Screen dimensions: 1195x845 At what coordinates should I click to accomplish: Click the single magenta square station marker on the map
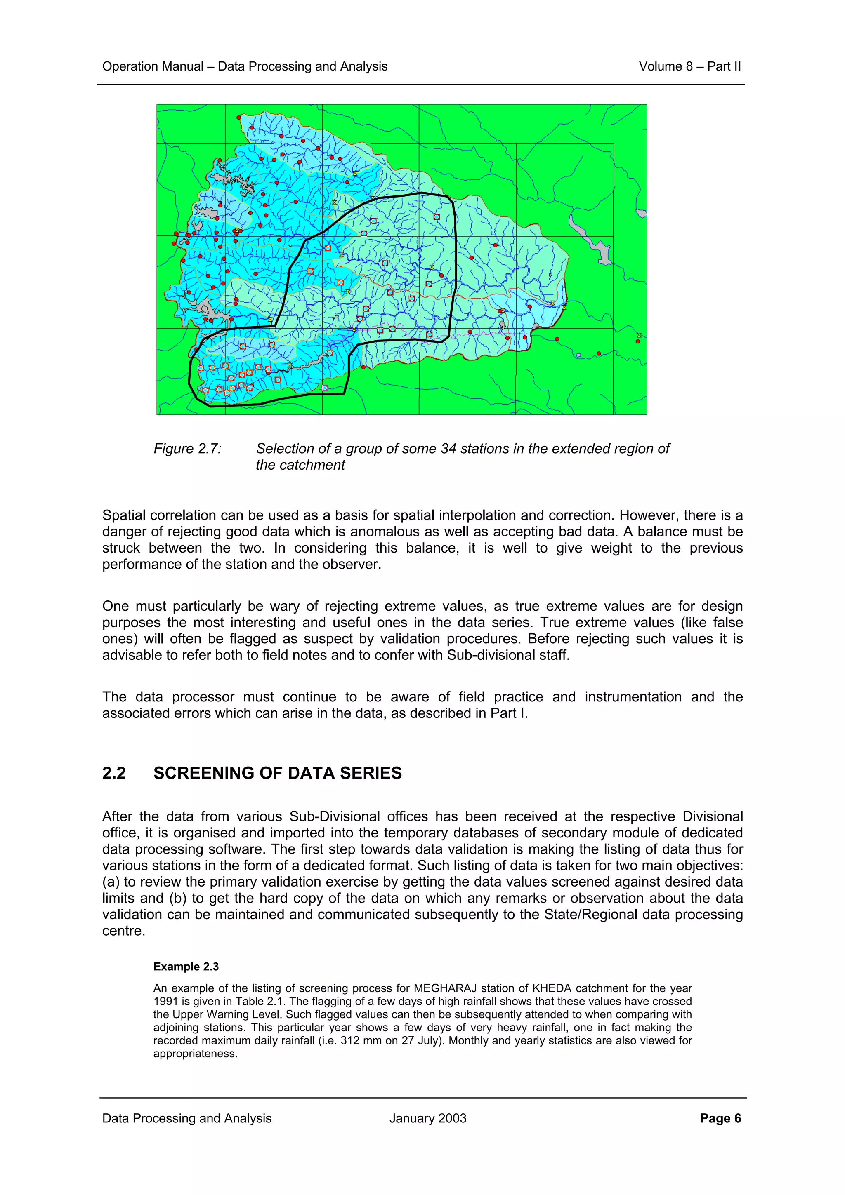click(x=325, y=388)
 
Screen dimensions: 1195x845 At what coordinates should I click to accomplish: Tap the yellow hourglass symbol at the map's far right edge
click(x=639, y=335)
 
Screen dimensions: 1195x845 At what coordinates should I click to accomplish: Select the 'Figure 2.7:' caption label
click(x=187, y=448)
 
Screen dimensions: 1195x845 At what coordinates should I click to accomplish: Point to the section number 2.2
click(x=113, y=773)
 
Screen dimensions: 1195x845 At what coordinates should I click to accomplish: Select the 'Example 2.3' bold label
click(x=186, y=967)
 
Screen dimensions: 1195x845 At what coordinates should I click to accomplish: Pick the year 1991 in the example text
click(x=165, y=1001)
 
